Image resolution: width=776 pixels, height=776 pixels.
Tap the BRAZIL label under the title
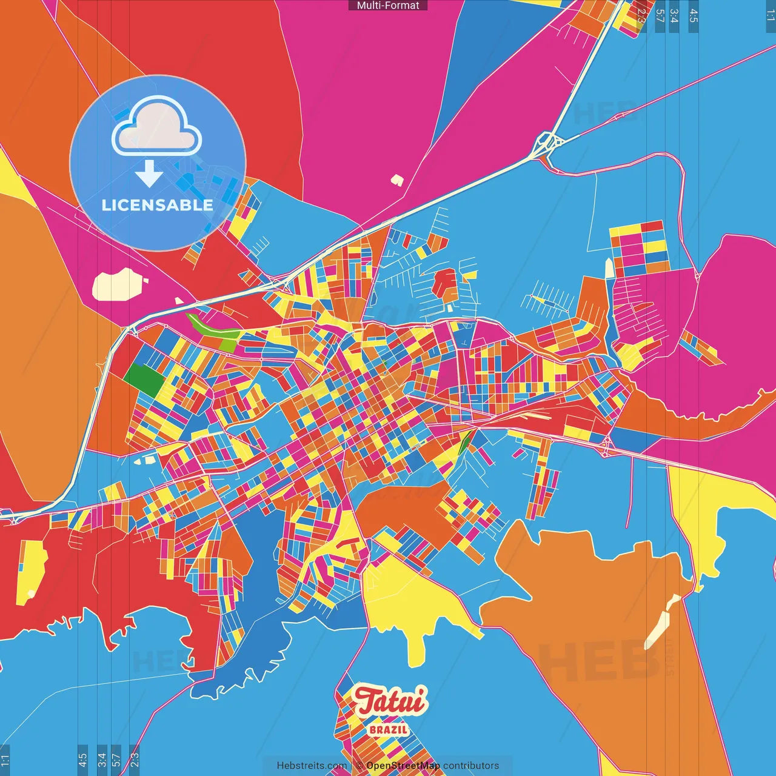coord(389,729)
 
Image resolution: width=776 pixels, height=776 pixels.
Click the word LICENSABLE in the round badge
coord(158,205)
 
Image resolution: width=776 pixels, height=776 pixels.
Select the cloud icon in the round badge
coord(156,125)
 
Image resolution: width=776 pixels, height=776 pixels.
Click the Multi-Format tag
coord(388,5)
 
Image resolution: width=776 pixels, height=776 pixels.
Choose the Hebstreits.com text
coord(312,766)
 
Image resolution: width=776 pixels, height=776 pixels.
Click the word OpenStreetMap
coord(403,766)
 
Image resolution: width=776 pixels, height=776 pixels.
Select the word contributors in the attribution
coord(471,766)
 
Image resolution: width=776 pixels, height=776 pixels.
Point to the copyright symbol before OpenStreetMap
coord(360,766)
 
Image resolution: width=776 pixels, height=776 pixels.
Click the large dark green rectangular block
coord(144,380)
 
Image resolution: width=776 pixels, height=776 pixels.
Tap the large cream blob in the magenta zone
coord(118,284)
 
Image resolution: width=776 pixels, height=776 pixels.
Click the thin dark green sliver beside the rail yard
coord(464,442)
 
